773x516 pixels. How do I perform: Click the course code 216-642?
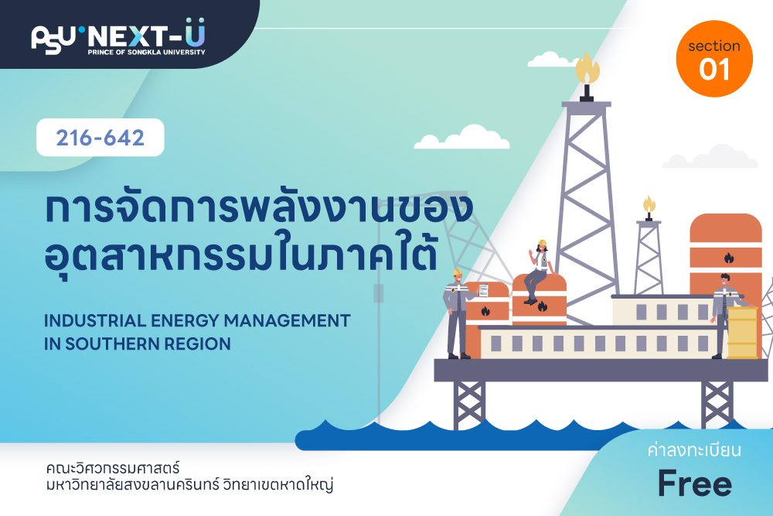[100, 138]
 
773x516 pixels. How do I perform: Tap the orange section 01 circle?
[713, 59]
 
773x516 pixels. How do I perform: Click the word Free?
[695, 484]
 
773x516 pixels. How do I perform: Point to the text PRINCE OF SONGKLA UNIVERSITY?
[146, 52]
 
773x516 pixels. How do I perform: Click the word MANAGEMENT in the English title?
[287, 320]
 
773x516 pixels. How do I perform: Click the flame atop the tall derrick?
[587, 67]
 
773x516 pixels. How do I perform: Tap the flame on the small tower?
[649, 204]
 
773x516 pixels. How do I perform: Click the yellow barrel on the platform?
[742, 333]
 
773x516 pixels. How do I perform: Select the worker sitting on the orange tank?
[538, 272]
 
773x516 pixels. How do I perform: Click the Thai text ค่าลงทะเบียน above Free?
[694, 450]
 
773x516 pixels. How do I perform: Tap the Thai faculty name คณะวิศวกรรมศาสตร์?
[112, 468]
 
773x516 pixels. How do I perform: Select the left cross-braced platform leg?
[469, 404]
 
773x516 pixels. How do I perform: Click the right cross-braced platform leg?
[717, 404]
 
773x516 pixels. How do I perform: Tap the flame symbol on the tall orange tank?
[729, 258]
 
